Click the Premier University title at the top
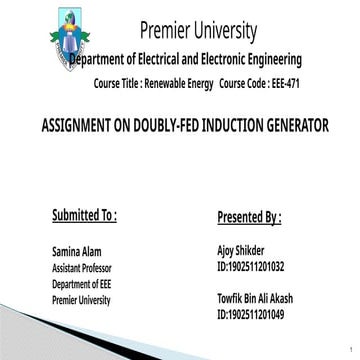click(x=198, y=31)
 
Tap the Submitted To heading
click(x=84, y=215)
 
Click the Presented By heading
click(x=249, y=217)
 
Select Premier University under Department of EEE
click(x=81, y=299)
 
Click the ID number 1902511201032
click(x=250, y=268)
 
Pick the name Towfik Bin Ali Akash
click(x=257, y=299)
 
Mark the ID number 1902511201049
click(x=250, y=315)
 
